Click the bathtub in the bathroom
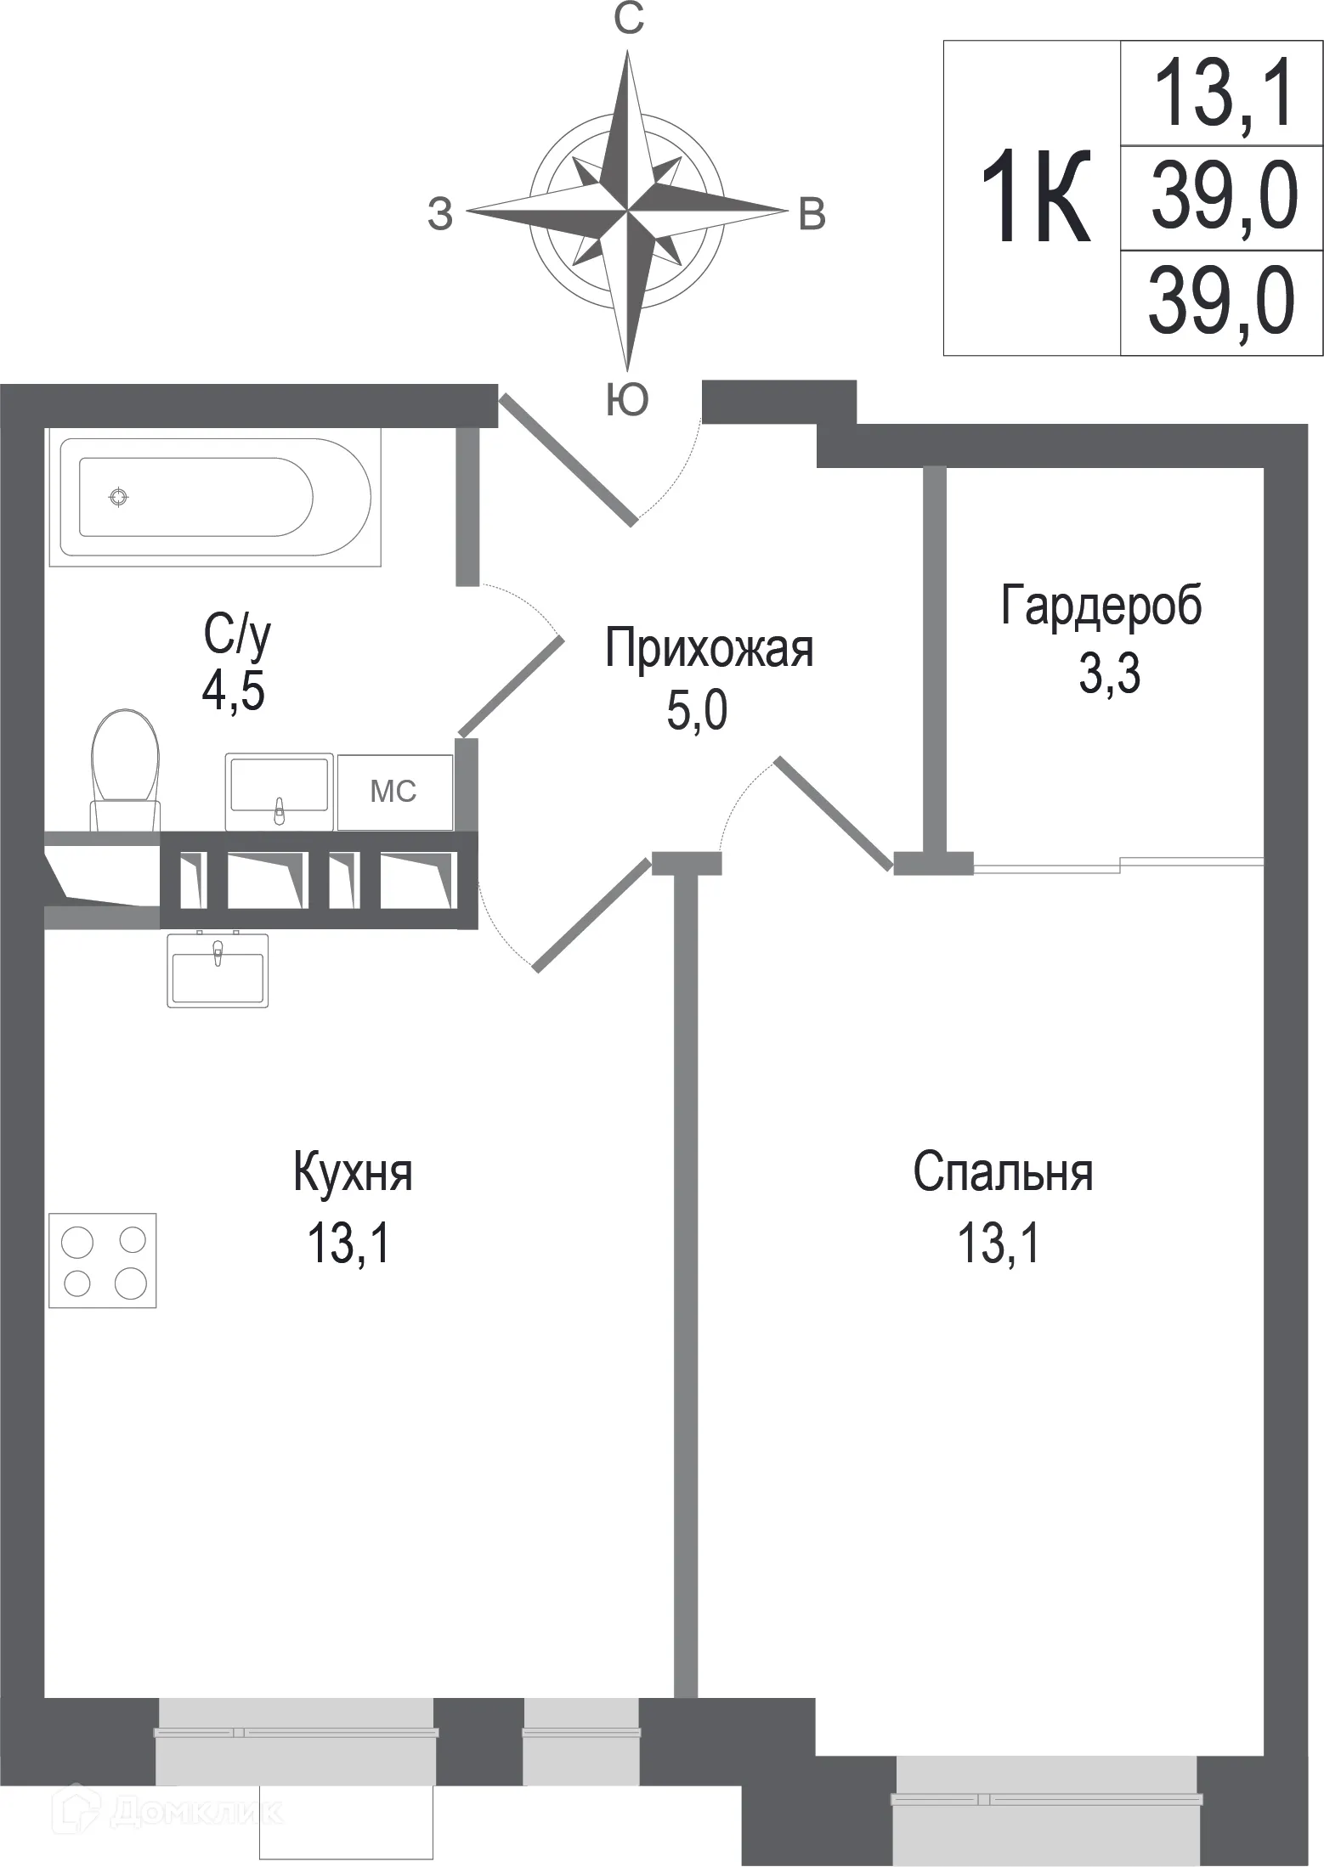coord(212,498)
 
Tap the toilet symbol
coord(125,769)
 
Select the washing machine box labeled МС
coord(394,792)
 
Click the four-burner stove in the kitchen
coord(103,1261)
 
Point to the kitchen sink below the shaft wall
coord(218,970)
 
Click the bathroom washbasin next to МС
coord(279,791)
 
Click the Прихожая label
coord(709,650)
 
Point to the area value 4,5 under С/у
coord(233,692)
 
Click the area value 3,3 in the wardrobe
coord(1109,675)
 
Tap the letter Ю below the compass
coord(627,399)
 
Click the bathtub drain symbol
coord(119,498)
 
